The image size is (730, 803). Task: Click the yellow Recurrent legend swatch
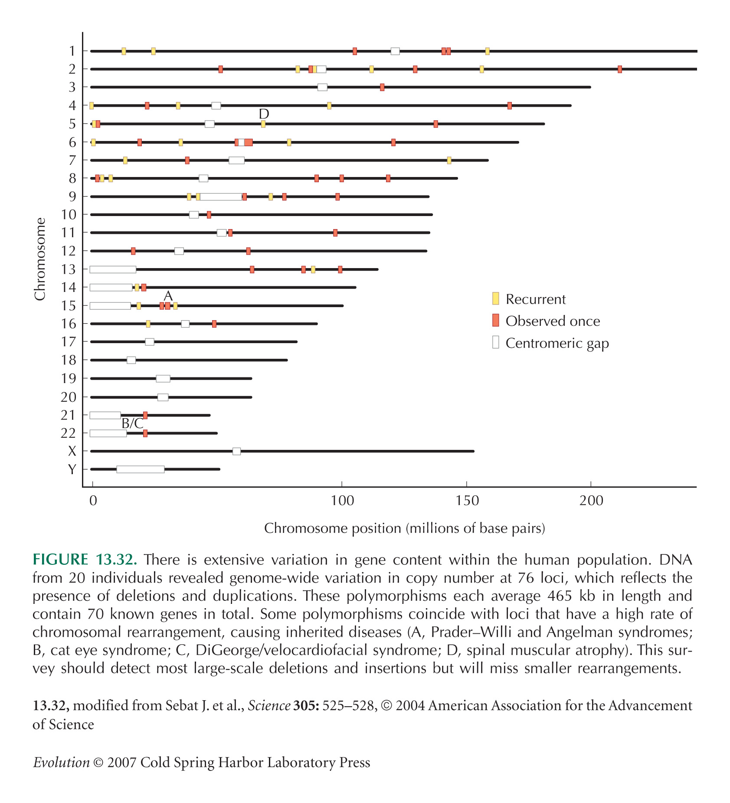(x=495, y=298)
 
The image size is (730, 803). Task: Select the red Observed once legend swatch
(x=495, y=320)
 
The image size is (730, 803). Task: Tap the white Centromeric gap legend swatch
(x=495, y=342)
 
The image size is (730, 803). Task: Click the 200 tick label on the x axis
(x=591, y=501)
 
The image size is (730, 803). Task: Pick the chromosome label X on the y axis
(x=72, y=452)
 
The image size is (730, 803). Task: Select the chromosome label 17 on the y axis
(x=69, y=342)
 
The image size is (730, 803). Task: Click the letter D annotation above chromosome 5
(x=264, y=114)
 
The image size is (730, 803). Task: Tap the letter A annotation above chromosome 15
(x=168, y=296)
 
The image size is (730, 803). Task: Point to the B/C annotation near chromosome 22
(x=132, y=423)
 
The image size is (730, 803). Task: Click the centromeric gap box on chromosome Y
(x=140, y=469)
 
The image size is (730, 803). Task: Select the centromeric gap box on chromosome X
(x=236, y=451)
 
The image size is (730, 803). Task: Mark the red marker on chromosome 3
(x=382, y=87)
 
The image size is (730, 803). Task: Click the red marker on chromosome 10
(x=209, y=215)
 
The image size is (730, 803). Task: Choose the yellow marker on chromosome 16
(x=148, y=324)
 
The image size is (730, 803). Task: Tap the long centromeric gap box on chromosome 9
(x=221, y=197)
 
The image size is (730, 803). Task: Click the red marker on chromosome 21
(x=145, y=415)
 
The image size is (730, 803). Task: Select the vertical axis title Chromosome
(x=40, y=259)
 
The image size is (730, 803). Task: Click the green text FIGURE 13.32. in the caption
(x=85, y=560)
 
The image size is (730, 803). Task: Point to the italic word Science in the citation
(x=269, y=706)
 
